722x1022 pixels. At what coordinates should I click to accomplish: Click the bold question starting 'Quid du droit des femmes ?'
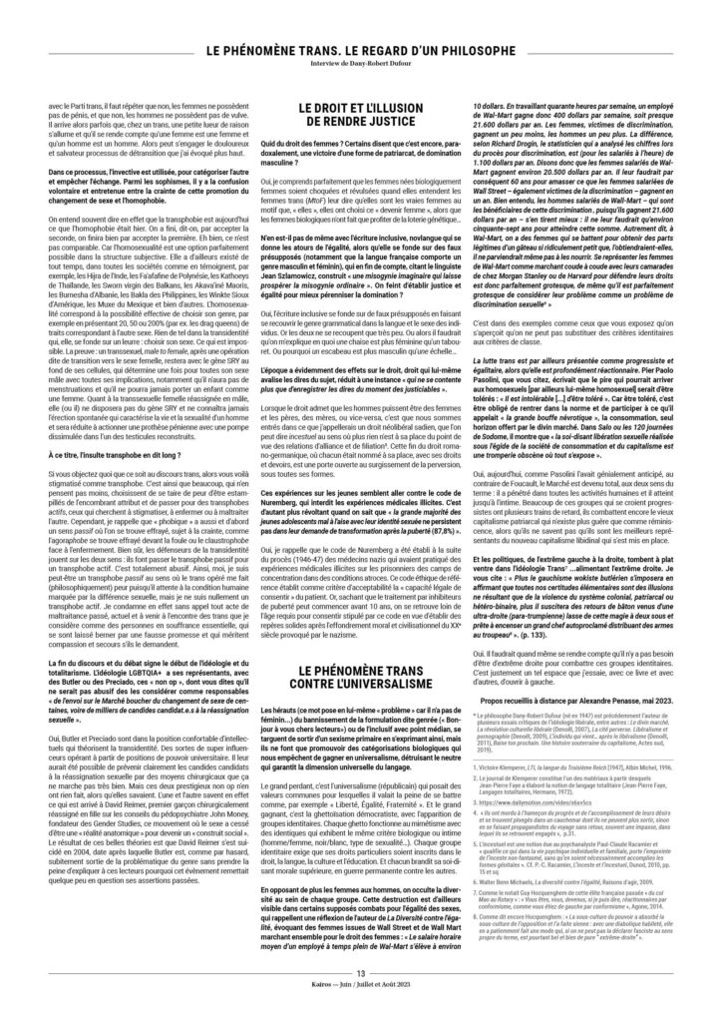(360, 169)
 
